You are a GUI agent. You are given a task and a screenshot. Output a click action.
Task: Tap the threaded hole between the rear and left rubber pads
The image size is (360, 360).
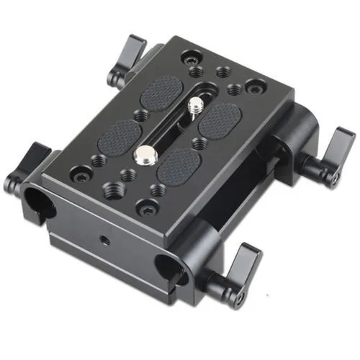point(136,114)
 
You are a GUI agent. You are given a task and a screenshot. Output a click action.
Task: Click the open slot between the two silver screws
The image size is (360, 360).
point(169,130)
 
